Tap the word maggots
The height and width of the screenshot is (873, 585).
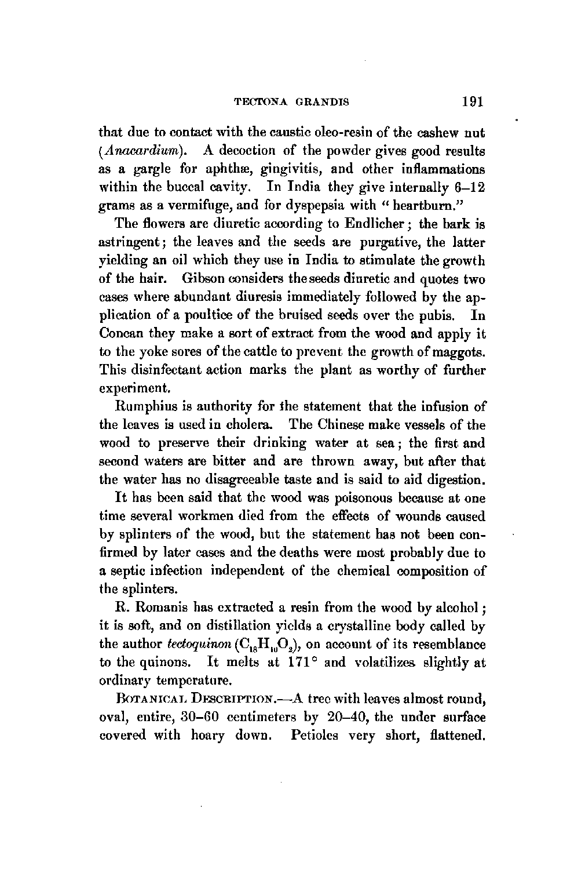(x=455, y=352)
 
